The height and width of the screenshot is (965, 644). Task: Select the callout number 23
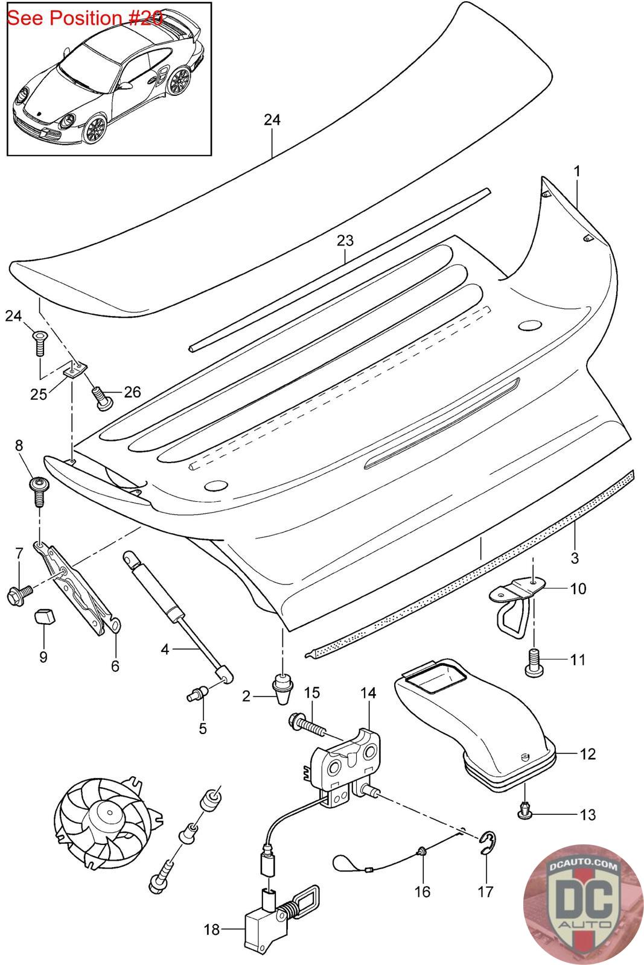(345, 241)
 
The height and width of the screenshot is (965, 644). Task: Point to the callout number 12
(587, 754)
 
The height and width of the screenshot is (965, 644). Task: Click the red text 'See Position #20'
(84, 18)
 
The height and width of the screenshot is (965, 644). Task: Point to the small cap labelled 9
(43, 616)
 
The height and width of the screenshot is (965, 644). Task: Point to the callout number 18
(212, 929)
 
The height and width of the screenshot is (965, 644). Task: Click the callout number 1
(577, 171)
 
